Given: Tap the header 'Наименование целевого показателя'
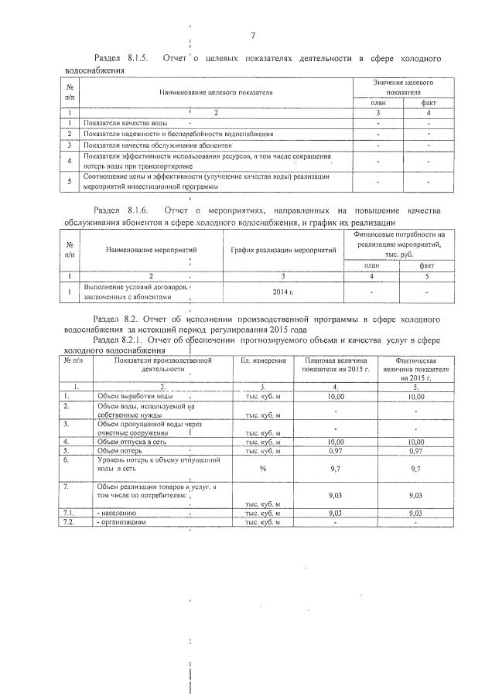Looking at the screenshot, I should click(217, 93).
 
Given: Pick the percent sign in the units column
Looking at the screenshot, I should click(262, 468).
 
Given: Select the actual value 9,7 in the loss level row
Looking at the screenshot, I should click(415, 468).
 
